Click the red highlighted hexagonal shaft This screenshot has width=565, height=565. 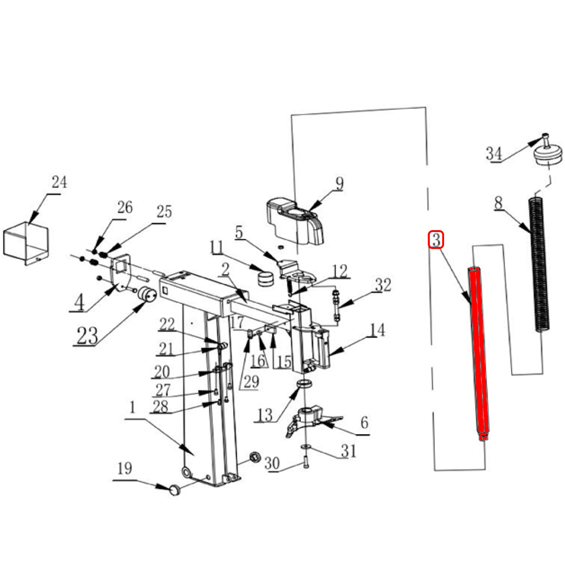479,353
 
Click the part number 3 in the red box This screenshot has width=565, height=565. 436,240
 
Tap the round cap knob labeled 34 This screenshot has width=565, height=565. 548,152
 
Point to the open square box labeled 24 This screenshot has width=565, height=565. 26,243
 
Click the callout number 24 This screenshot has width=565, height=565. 60,182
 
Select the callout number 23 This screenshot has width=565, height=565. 87,335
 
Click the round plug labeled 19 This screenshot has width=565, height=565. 175,490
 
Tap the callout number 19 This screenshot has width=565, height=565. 124,469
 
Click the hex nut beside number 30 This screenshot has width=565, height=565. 255,457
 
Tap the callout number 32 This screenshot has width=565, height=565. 383,285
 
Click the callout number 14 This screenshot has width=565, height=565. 377,330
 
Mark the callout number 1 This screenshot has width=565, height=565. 132,407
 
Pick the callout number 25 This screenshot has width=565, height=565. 164,212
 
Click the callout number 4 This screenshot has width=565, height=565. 79,302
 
